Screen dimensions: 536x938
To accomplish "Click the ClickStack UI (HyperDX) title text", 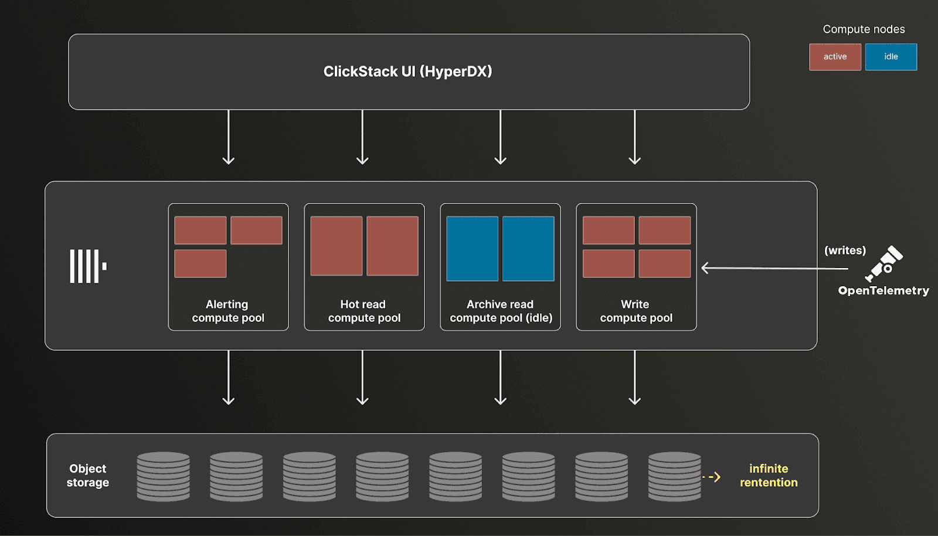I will (407, 72).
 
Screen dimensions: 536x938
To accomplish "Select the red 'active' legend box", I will (835, 57).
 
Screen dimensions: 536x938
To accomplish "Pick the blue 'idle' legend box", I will (891, 57).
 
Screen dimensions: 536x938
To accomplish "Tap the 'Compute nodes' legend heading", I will (864, 29).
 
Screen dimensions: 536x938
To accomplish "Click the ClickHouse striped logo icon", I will (88, 266).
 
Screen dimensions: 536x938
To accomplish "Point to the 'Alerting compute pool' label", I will (228, 311).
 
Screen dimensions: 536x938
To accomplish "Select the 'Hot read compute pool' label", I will (364, 311).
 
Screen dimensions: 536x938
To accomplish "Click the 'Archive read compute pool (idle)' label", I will (501, 311).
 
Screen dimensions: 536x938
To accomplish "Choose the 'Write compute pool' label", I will (636, 311).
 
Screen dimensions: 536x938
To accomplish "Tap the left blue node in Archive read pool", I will (472, 249).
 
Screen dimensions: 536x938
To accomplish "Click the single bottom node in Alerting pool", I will (200, 263).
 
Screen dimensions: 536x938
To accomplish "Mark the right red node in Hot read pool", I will (392, 246).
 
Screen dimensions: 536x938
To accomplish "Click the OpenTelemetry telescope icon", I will (884, 263).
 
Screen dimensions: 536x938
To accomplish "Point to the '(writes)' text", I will (845, 250).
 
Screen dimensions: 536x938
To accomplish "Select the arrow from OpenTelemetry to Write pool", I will (774, 269).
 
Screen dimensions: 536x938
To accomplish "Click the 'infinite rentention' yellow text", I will (769, 476).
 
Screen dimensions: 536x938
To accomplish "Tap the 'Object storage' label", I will (88, 476).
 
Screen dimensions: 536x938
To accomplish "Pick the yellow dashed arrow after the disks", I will (712, 477).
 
